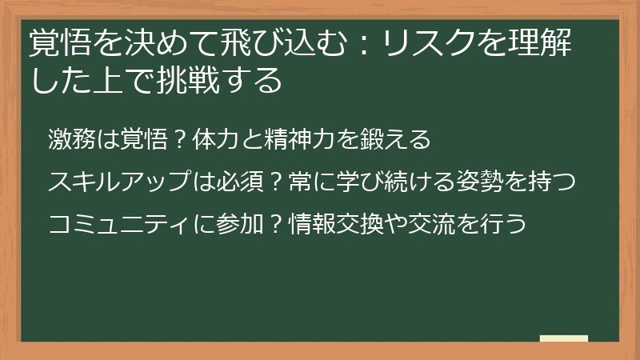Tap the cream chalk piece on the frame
[x=564, y=339]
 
